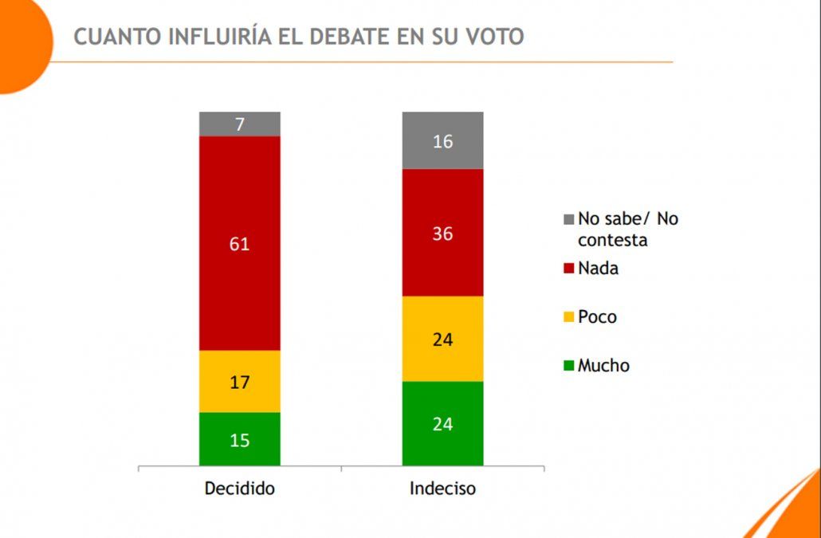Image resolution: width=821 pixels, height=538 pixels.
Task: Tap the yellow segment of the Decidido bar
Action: [x=239, y=381]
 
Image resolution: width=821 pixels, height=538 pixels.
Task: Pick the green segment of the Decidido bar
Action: [x=239, y=439]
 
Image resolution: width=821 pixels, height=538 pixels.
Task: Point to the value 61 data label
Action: [x=239, y=244]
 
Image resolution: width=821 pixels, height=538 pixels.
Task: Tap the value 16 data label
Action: [x=442, y=142]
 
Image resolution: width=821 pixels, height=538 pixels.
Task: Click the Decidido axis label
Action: [x=239, y=488]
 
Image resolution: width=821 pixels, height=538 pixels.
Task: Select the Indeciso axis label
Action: [x=442, y=488]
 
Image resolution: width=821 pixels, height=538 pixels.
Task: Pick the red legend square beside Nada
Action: [x=568, y=269]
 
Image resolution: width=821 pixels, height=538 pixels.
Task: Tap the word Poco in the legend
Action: [x=597, y=317]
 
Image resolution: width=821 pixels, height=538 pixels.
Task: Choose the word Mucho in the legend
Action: [x=603, y=366]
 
